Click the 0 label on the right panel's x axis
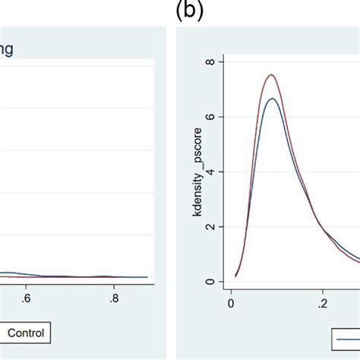coord(231,300)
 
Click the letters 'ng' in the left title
coord(8,50)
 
